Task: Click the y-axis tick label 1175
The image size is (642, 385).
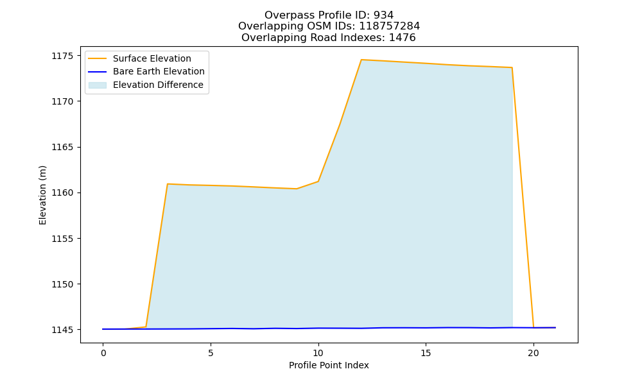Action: pos(63,56)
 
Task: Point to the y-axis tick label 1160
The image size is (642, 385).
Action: pos(63,193)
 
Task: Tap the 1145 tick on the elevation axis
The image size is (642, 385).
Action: pos(63,330)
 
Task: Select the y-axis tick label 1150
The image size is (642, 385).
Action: pos(63,284)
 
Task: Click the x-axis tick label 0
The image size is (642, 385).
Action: pos(103,353)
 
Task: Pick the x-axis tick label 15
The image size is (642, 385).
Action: pos(426,353)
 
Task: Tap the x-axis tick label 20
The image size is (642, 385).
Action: pos(534,353)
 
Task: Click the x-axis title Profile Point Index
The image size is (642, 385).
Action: pos(329,365)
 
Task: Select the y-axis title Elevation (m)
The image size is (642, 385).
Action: pos(42,195)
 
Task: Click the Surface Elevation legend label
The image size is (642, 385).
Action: pos(152,58)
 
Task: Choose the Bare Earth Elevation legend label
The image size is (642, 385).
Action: pos(159,71)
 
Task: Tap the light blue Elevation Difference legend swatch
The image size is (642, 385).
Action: pos(98,85)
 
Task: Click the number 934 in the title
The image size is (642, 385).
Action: pos(384,15)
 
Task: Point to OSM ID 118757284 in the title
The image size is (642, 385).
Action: pos(390,26)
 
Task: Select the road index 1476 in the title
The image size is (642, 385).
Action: pos(402,38)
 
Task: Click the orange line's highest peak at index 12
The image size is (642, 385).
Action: pos(361,60)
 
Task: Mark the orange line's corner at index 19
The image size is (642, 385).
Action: pos(512,67)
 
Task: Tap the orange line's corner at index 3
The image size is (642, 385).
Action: pos(168,184)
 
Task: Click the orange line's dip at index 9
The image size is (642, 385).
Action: pos(297,189)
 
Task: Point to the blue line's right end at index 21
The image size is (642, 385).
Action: pos(555,328)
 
